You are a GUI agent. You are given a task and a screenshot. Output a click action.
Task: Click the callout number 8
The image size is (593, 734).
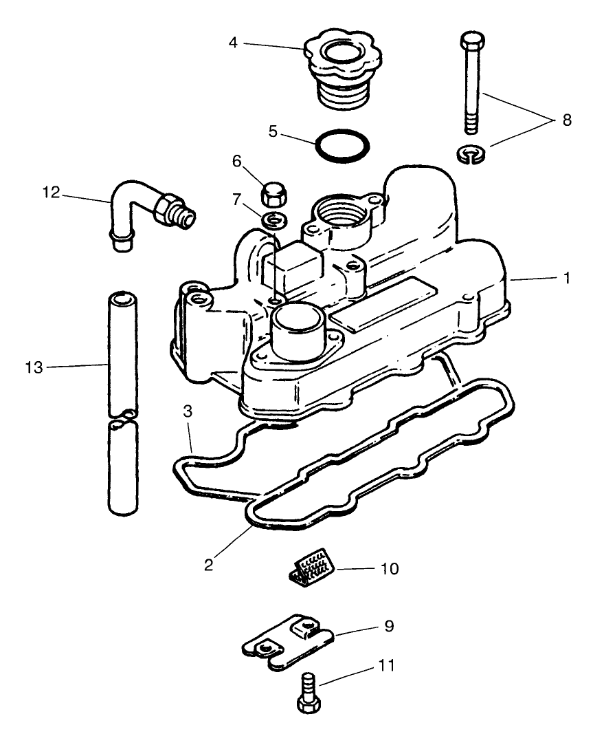coord(566,120)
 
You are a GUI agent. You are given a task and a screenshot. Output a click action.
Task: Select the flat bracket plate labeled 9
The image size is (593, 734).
coord(289,643)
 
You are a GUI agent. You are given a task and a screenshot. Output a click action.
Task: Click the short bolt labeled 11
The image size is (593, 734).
coord(308,693)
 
